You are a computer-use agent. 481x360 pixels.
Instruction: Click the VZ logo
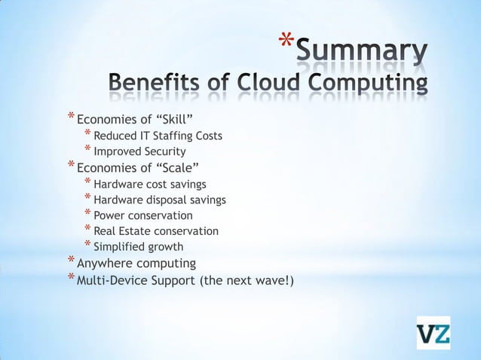pyautogui.click(x=434, y=333)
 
